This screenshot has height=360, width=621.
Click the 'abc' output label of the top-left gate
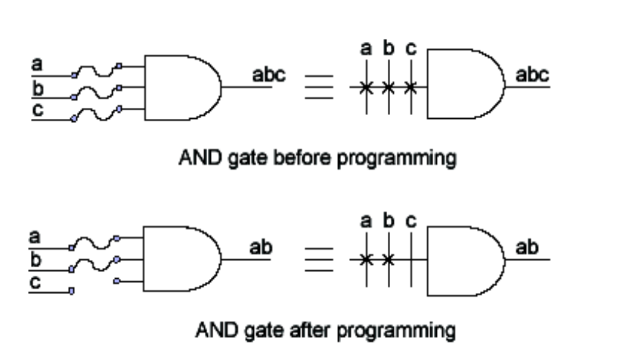(268, 76)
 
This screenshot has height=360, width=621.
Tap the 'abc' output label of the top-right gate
(532, 76)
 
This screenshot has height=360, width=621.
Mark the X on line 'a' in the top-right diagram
(365, 88)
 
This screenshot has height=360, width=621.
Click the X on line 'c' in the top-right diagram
(411, 88)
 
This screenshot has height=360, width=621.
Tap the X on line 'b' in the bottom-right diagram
(388, 261)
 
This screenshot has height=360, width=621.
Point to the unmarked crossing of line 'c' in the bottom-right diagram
(411, 261)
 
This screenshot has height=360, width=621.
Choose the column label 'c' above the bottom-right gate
(411, 222)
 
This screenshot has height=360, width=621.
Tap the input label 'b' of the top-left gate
(37, 90)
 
